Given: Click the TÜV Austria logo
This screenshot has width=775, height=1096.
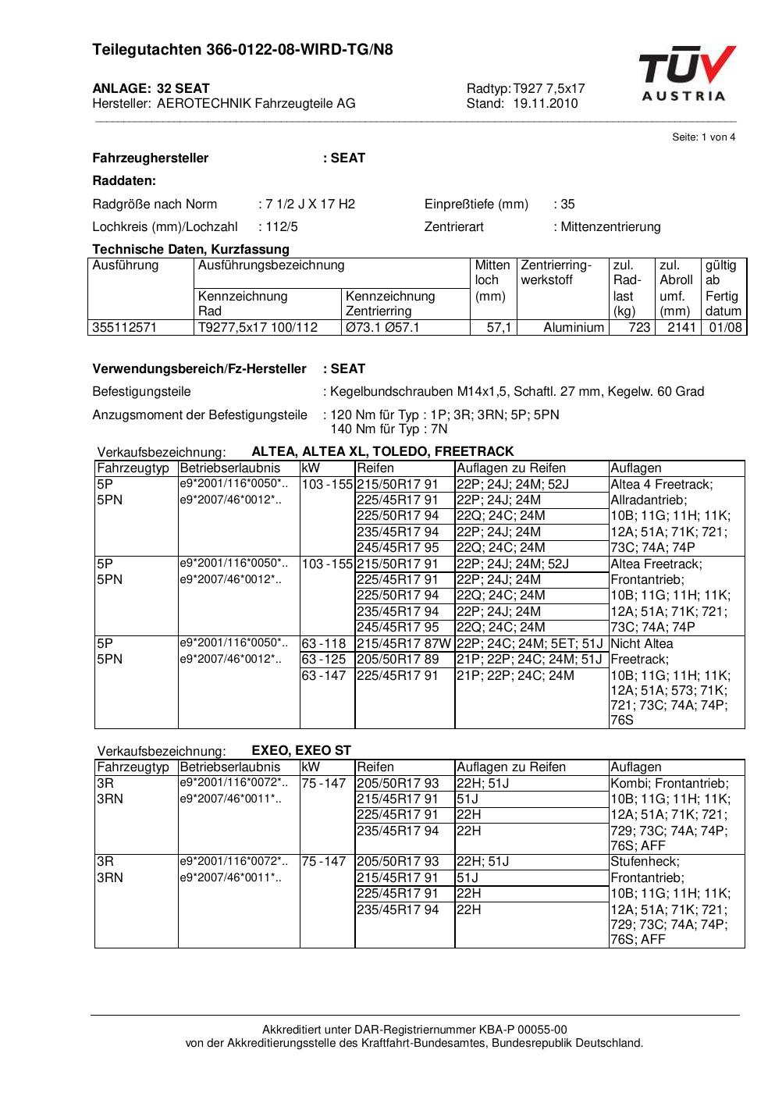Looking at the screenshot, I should click(687, 74).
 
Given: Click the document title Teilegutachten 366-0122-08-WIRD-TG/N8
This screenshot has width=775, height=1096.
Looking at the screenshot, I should click(242, 50).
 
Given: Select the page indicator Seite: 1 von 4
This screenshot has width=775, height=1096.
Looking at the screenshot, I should click(703, 137).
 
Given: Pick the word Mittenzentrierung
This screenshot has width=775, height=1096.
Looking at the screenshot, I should click(610, 227).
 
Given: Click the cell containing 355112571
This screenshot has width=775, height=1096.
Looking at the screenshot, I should click(125, 328).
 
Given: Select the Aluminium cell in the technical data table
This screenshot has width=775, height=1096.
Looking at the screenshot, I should click(574, 328).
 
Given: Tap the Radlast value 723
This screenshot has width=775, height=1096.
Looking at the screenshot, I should click(639, 328).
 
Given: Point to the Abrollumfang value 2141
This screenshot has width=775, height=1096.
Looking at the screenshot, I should click(681, 328).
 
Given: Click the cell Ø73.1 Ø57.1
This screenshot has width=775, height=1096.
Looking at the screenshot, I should click(382, 328).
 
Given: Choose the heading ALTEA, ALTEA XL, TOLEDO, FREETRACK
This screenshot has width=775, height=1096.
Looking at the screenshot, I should click(382, 451).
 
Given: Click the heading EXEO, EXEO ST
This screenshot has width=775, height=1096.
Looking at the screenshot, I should click(301, 750).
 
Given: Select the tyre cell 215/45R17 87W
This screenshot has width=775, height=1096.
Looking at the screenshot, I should click(403, 644).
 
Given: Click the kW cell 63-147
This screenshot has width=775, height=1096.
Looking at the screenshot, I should click(324, 675).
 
